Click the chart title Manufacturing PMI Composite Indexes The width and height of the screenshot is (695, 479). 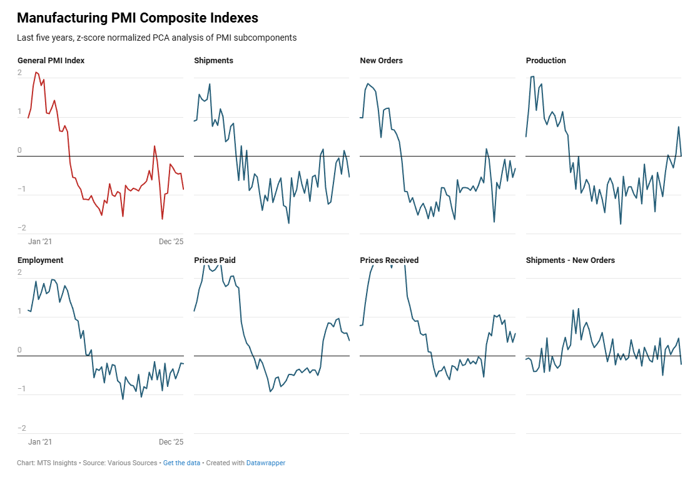(x=137, y=18)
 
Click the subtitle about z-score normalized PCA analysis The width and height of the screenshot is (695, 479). (x=156, y=38)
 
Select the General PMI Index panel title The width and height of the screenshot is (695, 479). (x=51, y=61)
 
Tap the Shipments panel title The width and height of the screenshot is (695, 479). (x=213, y=61)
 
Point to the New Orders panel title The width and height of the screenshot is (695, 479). (x=381, y=61)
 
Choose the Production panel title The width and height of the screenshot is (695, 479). (x=545, y=61)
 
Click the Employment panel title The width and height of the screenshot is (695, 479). (x=40, y=260)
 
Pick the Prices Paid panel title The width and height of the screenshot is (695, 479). (x=215, y=260)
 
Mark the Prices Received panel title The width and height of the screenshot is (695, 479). (x=389, y=260)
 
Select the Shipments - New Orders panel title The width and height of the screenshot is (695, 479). (x=570, y=260)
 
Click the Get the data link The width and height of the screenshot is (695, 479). (x=181, y=463)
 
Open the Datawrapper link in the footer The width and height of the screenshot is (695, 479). (x=265, y=463)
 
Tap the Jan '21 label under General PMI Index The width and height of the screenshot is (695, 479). (x=40, y=242)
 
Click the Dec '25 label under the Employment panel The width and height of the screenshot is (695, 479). (x=171, y=442)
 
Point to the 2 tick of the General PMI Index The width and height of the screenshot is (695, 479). (x=19, y=73)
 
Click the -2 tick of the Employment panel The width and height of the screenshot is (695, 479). (x=21, y=428)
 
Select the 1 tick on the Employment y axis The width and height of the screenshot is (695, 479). (x=19, y=311)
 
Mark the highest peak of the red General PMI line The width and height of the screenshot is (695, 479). (x=36, y=73)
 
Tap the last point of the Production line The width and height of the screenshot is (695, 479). (x=681, y=156)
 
